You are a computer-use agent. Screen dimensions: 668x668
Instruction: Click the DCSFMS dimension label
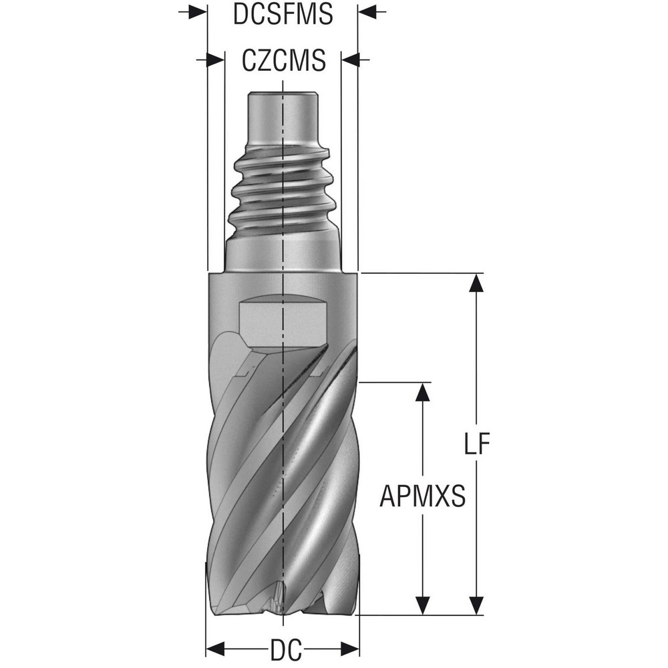[x=283, y=15]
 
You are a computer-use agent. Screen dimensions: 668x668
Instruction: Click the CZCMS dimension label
[x=283, y=61]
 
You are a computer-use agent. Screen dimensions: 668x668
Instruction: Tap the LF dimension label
[x=476, y=444]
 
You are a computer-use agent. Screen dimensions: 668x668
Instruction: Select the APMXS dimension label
[x=422, y=497]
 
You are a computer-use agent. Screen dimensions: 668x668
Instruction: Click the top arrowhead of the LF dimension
[x=476, y=283]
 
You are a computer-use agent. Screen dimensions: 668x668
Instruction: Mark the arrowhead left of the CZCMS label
[x=214, y=59]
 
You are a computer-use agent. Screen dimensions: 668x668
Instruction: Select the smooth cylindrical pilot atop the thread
[x=283, y=114]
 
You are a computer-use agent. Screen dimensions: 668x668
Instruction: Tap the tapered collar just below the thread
[x=283, y=253]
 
